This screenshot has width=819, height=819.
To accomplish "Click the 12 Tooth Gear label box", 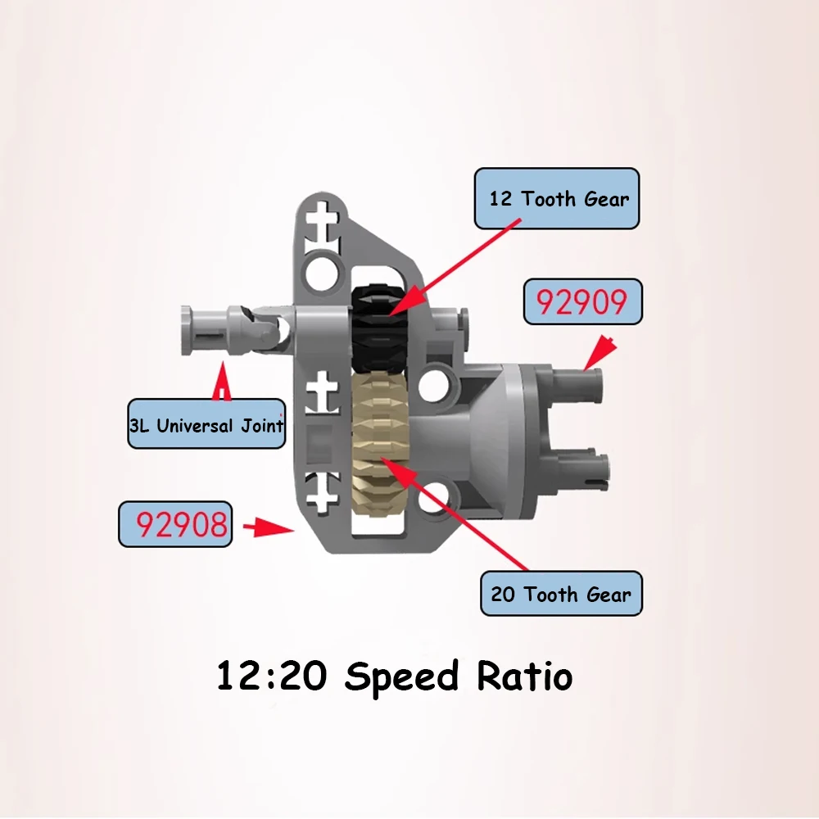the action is [557, 198].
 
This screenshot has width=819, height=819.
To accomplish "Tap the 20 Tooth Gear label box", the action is [562, 593].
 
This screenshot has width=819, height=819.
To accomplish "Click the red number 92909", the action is [581, 302].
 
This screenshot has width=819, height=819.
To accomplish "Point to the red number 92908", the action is [182, 524].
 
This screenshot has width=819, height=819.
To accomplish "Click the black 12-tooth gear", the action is [379, 328].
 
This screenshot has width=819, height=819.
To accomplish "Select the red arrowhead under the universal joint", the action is [223, 382].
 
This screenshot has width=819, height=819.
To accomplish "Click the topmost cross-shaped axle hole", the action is [323, 221].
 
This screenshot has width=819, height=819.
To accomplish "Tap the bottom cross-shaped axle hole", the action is [322, 491].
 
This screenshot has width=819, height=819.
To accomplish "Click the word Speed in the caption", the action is [401, 677].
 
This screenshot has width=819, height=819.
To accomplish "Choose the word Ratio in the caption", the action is [525, 675].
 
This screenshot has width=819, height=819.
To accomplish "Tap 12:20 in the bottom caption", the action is [272, 676].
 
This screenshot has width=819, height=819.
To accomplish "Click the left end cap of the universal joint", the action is [187, 331].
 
